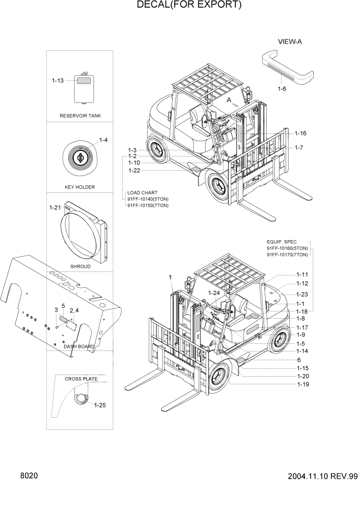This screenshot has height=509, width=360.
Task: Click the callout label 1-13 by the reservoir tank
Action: tap(57, 81)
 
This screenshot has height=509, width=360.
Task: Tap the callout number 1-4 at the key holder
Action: tap(103, 140)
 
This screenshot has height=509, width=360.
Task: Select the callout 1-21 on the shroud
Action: tap(55, 207)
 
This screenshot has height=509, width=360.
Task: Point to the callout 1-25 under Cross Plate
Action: tap(99, 405)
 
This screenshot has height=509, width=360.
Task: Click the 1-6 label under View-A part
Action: tap(282, 89)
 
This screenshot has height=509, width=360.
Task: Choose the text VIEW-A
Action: tap(290, 42)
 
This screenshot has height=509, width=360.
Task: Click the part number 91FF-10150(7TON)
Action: tap(148, 205)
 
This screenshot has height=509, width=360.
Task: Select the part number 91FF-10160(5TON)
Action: tap(287, 248)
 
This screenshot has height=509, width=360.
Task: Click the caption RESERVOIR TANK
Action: tap(80, 116)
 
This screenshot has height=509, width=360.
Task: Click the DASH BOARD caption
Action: tap(79, 346)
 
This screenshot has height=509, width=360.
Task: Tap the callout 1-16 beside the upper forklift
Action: tap(300, 133)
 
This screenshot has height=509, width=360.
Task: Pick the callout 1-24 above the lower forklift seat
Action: tap(214, 293)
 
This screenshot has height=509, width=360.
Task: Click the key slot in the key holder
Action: tap(81, 154)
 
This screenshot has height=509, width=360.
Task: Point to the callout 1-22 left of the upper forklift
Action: tap(134, 170)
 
